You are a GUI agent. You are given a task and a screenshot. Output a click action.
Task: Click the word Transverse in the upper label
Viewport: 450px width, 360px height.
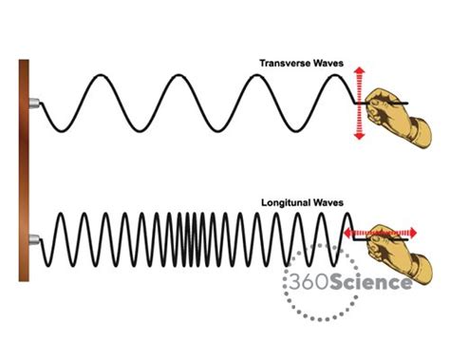[x=284, y=65]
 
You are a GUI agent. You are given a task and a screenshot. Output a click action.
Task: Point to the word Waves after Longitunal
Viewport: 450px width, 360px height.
[x=327, y=202]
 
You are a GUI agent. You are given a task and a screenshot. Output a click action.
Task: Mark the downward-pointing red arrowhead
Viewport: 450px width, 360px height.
[x=359, y=137]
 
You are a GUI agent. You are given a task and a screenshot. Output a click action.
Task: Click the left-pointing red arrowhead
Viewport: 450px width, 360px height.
[x=348, y=231]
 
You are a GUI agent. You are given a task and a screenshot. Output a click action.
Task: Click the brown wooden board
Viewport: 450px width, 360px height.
[x=24, y=171]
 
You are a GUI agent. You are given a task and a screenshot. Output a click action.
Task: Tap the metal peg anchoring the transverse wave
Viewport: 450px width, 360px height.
[x=34, y=103]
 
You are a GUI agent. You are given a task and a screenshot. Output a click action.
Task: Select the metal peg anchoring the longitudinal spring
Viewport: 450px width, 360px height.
[x=34, y=238]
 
